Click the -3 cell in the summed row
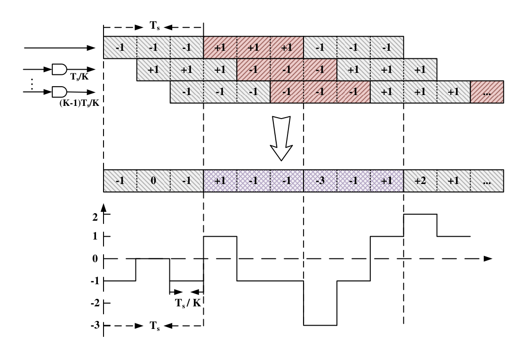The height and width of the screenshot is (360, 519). pyautogui.click(x=320, y=181)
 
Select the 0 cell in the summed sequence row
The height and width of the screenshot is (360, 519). pyautogui.click(x=153, y=181)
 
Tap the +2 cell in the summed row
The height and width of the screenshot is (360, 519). pyautogui.click(x=420, y=181)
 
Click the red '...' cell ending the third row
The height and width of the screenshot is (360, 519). pyautogui.click(x=487, y=92)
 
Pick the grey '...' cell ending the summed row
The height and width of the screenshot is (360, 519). pyautogui.click(x=487, y=181)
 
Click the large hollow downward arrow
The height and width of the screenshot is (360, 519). pyautogui.click(x=281, y=138)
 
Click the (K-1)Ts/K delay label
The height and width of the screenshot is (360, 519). pyautogui.click(x=79, y=103)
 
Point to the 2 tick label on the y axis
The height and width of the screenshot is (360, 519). pyautogui.click(x=95, y=217)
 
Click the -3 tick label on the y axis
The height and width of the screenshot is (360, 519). pyautogui.click(x=95, y=325)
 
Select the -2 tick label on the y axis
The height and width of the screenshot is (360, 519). pyautogui.click(x=95, y=303)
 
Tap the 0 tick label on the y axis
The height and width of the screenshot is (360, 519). pyautogui.click(x=95, y=258)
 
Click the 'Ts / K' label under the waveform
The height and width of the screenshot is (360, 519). pyautogui.click(x=188, y=303)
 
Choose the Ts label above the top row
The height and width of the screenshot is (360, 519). pyautogui.click(x=155, y=26)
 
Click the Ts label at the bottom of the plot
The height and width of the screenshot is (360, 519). pyautogui.click(x=155, y=326)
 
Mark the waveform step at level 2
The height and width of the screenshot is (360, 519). pyautogui.click(x=420, y=215)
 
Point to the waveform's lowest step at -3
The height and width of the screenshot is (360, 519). pyautogui.click(x=320, y=325)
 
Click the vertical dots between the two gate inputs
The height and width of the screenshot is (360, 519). pyautogui.click(x=32, y=84)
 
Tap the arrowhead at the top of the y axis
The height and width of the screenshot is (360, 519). pyautogui.click(x=104, y=208)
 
